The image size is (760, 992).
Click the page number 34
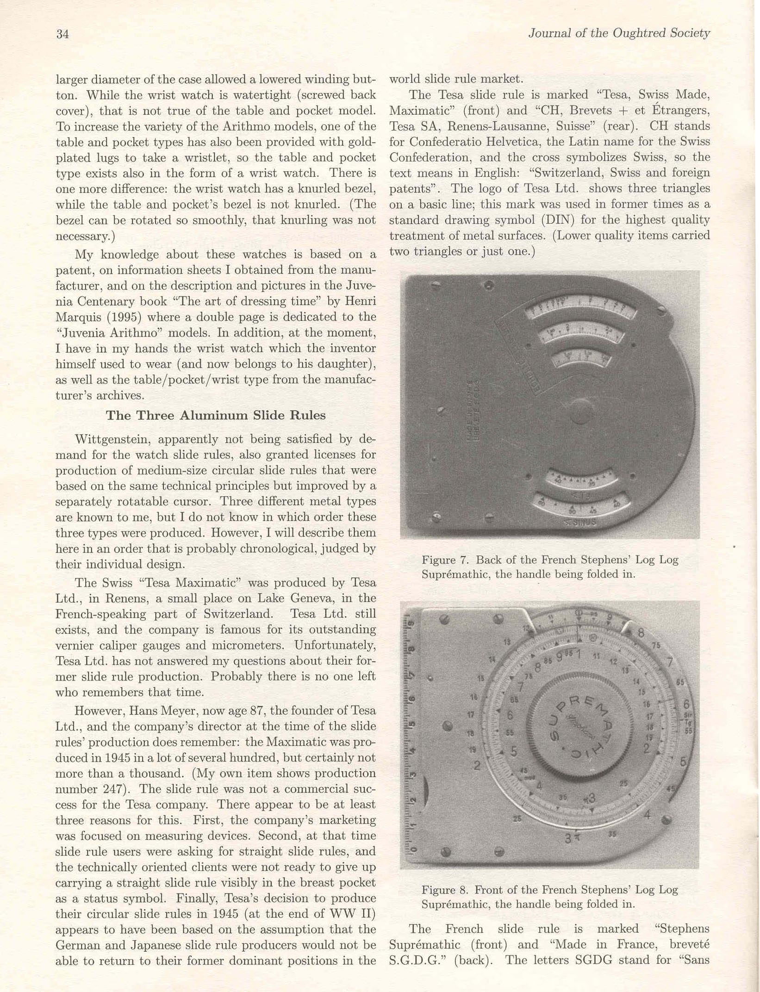coord(62,34)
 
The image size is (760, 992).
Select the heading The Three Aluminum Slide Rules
coord(216,415)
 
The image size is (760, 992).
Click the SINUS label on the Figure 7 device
coord(580,523)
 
